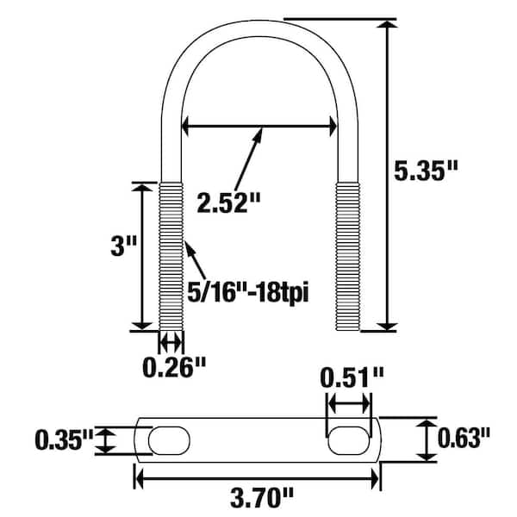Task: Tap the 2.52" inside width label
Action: [x=227, y=203]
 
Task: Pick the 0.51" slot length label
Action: [x=350, y=377]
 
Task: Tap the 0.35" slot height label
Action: [x=63, y=440]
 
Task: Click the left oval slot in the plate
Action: [x=169, y=440]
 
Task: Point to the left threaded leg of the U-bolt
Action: [x=171, y=255]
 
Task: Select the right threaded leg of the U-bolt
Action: [x=346, y=255]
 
